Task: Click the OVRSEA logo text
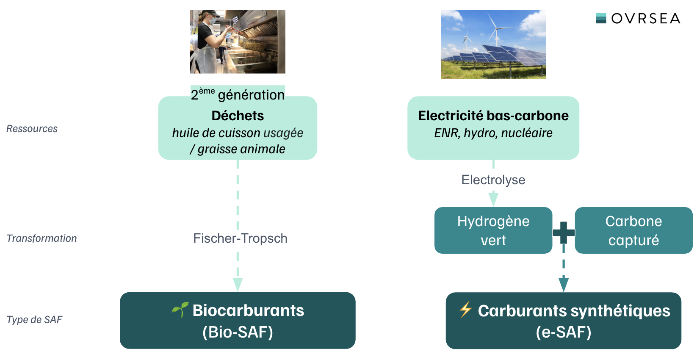tap(645, 18)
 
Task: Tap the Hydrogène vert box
tap(493, 230)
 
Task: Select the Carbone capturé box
tap(633, 230)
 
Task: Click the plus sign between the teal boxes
tap(564, 233)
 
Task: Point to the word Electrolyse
tap(493, 180)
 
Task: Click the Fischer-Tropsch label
tap(240, 238)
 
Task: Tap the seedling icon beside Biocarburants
tap(180, 310)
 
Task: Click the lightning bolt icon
tap(465, 310)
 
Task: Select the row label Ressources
tap(32, 128)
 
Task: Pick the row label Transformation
tap(41, 238)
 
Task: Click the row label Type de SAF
tap(35, 319)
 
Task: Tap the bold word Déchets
tap(238, 116)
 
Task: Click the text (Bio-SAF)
tap(238, 332)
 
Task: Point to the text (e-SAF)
tap(564, 332)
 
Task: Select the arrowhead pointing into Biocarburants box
tap(238, 284)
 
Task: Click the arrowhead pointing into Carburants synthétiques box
tap(564, 284)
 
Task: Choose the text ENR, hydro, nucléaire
tap(493, 133)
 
